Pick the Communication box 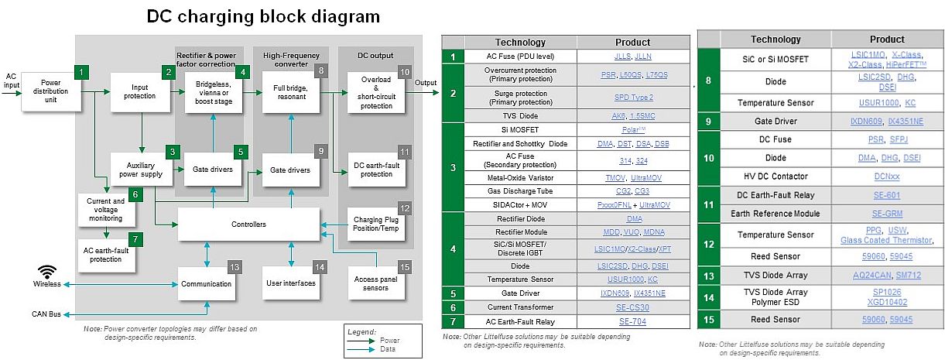click(206, 283)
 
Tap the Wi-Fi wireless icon click(48, 272)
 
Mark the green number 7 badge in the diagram click(135, 240)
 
